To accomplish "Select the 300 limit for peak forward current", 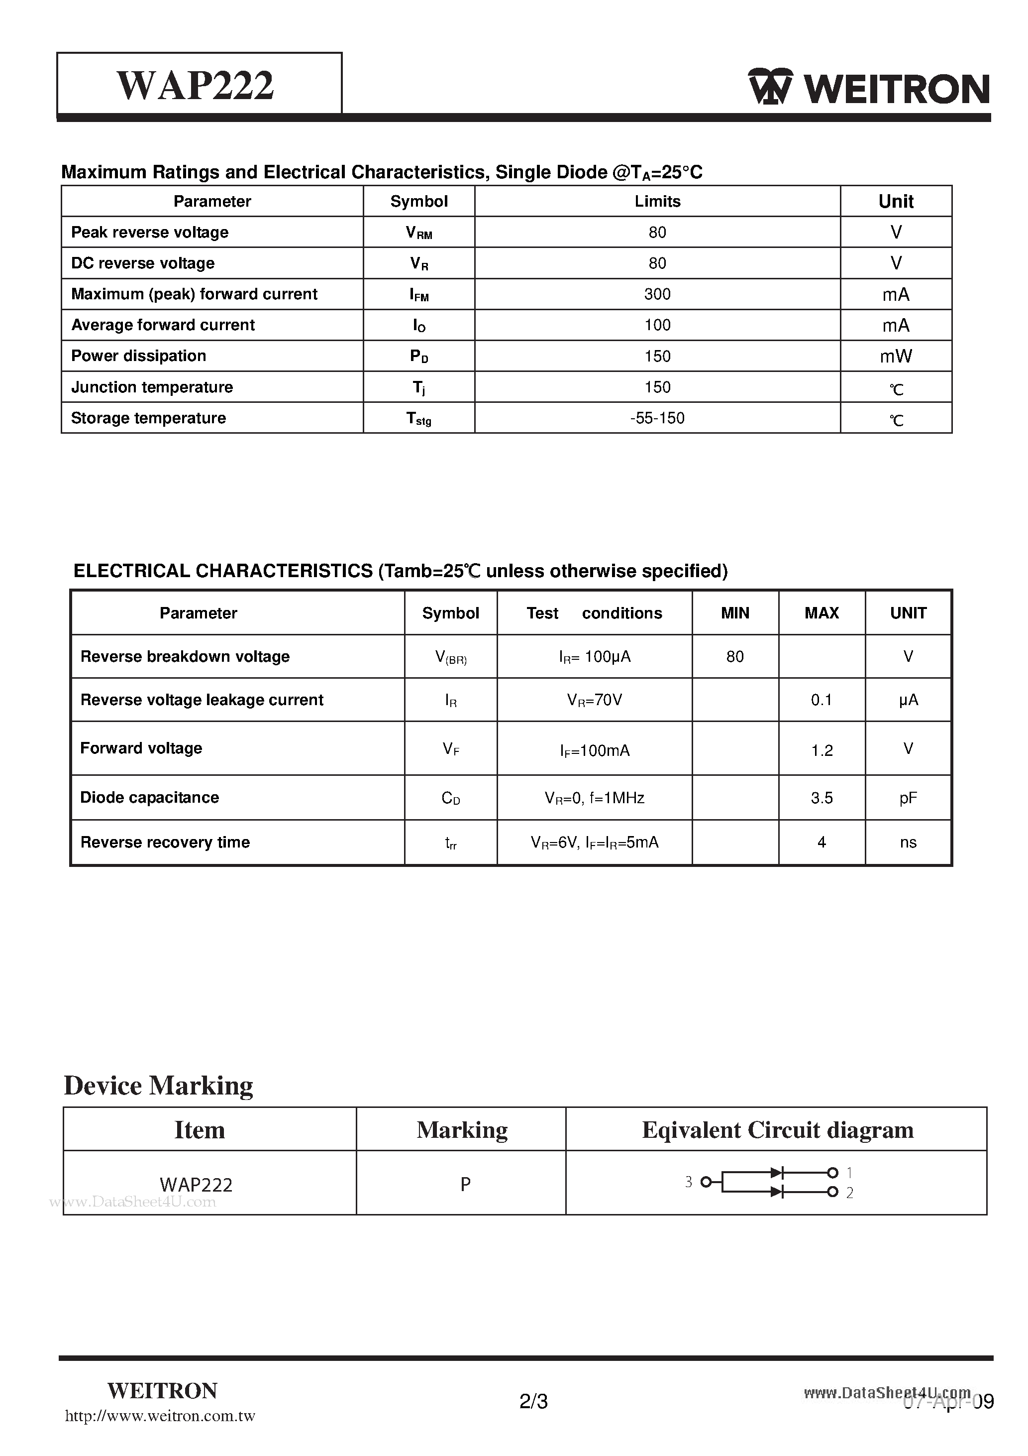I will (657, 294).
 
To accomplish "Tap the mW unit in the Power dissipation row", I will (896, 357).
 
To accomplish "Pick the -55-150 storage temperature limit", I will (657, 418).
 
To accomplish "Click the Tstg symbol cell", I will (419, 419).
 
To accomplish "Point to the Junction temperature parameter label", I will (152, 387).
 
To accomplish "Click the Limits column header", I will (657, 202).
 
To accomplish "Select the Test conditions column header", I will (594, 613).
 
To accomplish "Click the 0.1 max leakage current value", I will (822, 700).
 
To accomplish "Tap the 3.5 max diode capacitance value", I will (822, 798).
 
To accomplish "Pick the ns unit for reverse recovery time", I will (908, 842).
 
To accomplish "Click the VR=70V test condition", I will (594, 700).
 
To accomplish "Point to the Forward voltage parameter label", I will (141, 748).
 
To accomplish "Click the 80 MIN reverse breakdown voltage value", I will (734, 657).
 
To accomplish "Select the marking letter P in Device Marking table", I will (465, 1184).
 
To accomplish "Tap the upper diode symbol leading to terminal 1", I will (776, 1173).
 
